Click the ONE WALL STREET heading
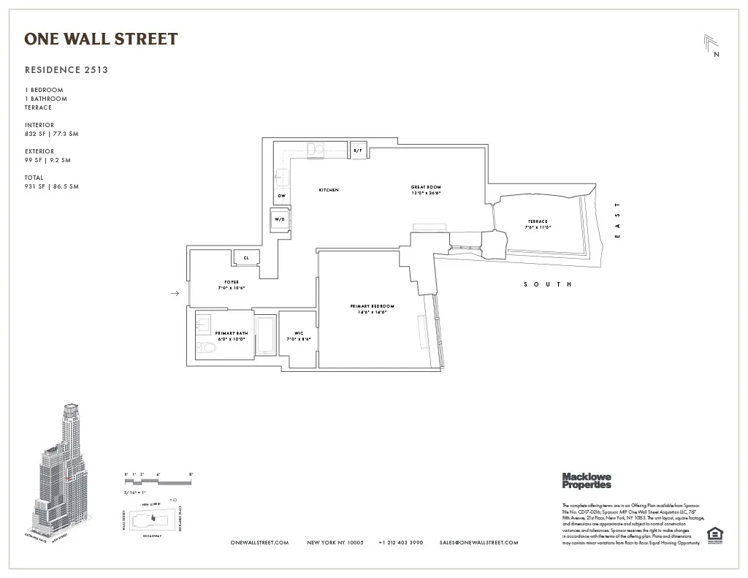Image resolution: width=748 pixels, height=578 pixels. point(101,39)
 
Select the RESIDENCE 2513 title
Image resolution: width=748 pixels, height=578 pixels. point(66,70)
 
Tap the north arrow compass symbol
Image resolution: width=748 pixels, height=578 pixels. point(711,45)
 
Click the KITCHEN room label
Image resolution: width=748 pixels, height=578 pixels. point(329,190)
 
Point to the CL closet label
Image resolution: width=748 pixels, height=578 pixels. point(246,258)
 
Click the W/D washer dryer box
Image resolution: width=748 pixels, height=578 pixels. point(280,220)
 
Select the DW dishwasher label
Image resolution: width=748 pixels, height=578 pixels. point(281,196)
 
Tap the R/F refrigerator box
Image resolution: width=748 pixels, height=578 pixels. point(358,150)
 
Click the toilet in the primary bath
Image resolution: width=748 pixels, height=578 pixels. point(207,348)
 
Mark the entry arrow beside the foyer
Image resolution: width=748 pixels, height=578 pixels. point(175,294)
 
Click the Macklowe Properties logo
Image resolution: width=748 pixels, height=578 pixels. point(587,480)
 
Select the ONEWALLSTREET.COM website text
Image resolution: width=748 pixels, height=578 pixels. point(259,543)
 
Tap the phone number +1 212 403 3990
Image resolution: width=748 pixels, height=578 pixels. point(401,543)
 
